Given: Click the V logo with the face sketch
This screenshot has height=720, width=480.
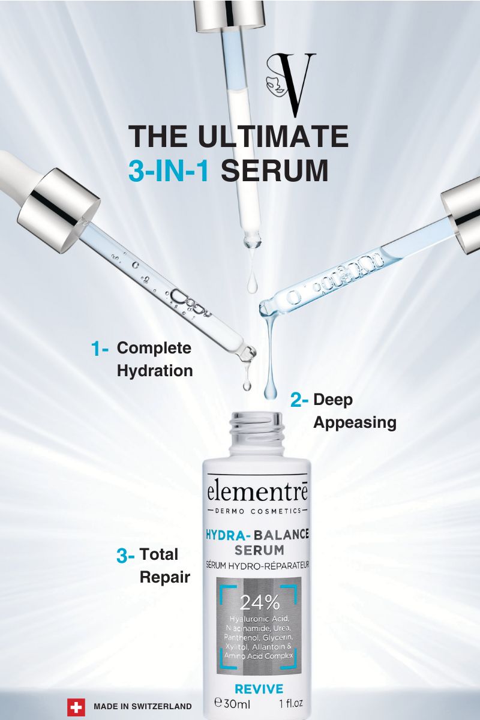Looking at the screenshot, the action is click(x=291, y=84).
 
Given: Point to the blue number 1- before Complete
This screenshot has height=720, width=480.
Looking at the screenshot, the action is click(x=100, y=349).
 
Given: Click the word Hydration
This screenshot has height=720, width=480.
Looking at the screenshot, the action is click(x=155, y=371).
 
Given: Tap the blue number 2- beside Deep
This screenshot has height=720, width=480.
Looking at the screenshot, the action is click(x=299, y=400).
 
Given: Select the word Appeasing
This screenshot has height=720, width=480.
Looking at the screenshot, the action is click(x=355, y=422).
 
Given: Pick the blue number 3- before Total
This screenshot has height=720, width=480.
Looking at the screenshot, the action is click(x=125, y=556).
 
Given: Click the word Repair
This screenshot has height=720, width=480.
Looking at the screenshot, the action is click(x=165, y=578).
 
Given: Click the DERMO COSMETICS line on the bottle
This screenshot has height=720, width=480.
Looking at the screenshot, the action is click(x=257, y=511).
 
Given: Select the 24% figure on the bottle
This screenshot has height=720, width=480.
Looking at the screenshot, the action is click(x=259, y=604).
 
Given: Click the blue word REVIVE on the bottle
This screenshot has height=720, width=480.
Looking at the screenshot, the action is click(x=259, y=689).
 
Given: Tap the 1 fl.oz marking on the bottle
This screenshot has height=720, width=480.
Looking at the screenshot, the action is click(x=290, y=703).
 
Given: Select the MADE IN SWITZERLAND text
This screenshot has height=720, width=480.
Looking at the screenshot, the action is click(x=143, y=707).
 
